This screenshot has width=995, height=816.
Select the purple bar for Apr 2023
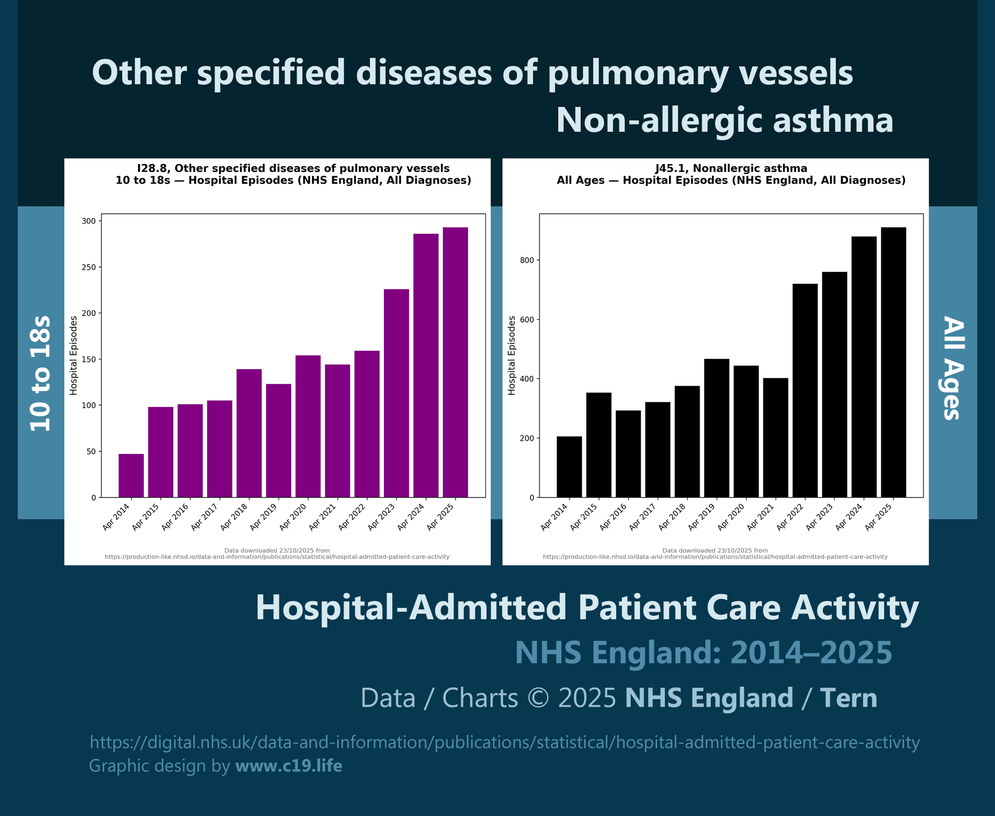coord(396,394)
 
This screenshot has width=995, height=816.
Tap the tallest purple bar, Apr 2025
coord(456,362)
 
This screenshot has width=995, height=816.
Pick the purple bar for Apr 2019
coord(279,440)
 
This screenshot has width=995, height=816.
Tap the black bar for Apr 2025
coord(893,362)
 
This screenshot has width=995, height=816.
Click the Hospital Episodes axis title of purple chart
coord(74,355)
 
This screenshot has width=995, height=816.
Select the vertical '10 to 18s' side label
coord(40,373)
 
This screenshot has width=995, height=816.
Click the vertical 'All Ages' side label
coord(953,368)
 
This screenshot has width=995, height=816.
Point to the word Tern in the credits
coord(848,698)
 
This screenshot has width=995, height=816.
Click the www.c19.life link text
coord(289,766)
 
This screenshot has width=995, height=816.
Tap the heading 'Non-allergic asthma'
coord(724,120)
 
